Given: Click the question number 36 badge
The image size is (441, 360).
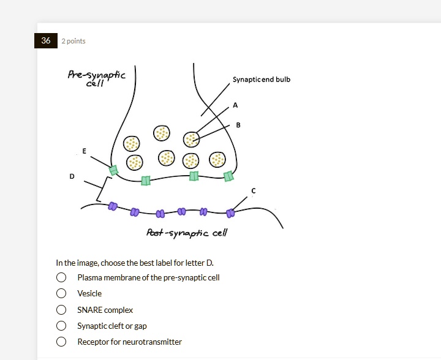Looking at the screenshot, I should click(x=46, y=41).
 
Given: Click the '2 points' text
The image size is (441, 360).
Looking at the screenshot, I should click(x=73, y=41).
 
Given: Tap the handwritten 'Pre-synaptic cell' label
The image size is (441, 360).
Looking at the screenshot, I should click(x=96, y=78).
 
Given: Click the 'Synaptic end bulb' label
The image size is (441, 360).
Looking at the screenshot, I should click(x=262, y=80).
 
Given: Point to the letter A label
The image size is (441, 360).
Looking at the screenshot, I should click(x=235, y=105).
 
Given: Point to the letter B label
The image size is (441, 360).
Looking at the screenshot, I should click(x=238, y=125).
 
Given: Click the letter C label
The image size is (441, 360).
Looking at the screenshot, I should click(x=254, y=191).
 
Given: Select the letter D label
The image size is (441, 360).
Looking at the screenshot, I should click(x=72, y=176).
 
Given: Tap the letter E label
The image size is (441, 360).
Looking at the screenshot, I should click(x=84, y=151).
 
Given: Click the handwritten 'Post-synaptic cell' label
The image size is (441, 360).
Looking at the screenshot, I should click(x=187, y=233).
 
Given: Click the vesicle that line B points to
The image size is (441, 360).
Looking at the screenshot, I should click(x=192, y=140).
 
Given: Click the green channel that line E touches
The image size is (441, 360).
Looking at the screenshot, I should click(x=113, y=170).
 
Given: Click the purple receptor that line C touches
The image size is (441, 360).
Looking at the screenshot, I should click(x=230, y=213).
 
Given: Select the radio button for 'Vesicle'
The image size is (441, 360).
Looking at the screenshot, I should click(x=61, y=293).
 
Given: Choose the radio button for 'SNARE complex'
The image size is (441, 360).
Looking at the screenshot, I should click(x=61, y=310).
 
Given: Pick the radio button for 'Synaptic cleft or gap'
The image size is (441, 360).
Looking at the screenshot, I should click(x=61, y=326).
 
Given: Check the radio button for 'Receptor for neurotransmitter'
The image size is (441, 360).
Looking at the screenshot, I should click(x=61, y=342).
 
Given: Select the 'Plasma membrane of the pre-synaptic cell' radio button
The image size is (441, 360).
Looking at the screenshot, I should click(x=61, y=277).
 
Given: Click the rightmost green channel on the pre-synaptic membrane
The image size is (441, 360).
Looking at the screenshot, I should click(x=228, y=176).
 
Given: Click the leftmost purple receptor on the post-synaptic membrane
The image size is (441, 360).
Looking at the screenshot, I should click(x=113, y=207).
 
